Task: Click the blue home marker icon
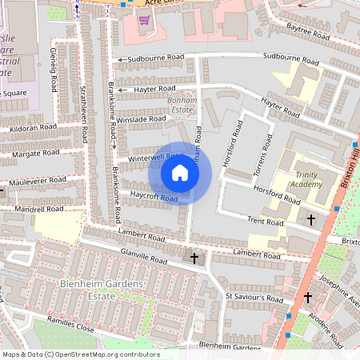(180, 173)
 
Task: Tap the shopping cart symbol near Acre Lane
(143, 19)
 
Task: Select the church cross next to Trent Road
(311, 218)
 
